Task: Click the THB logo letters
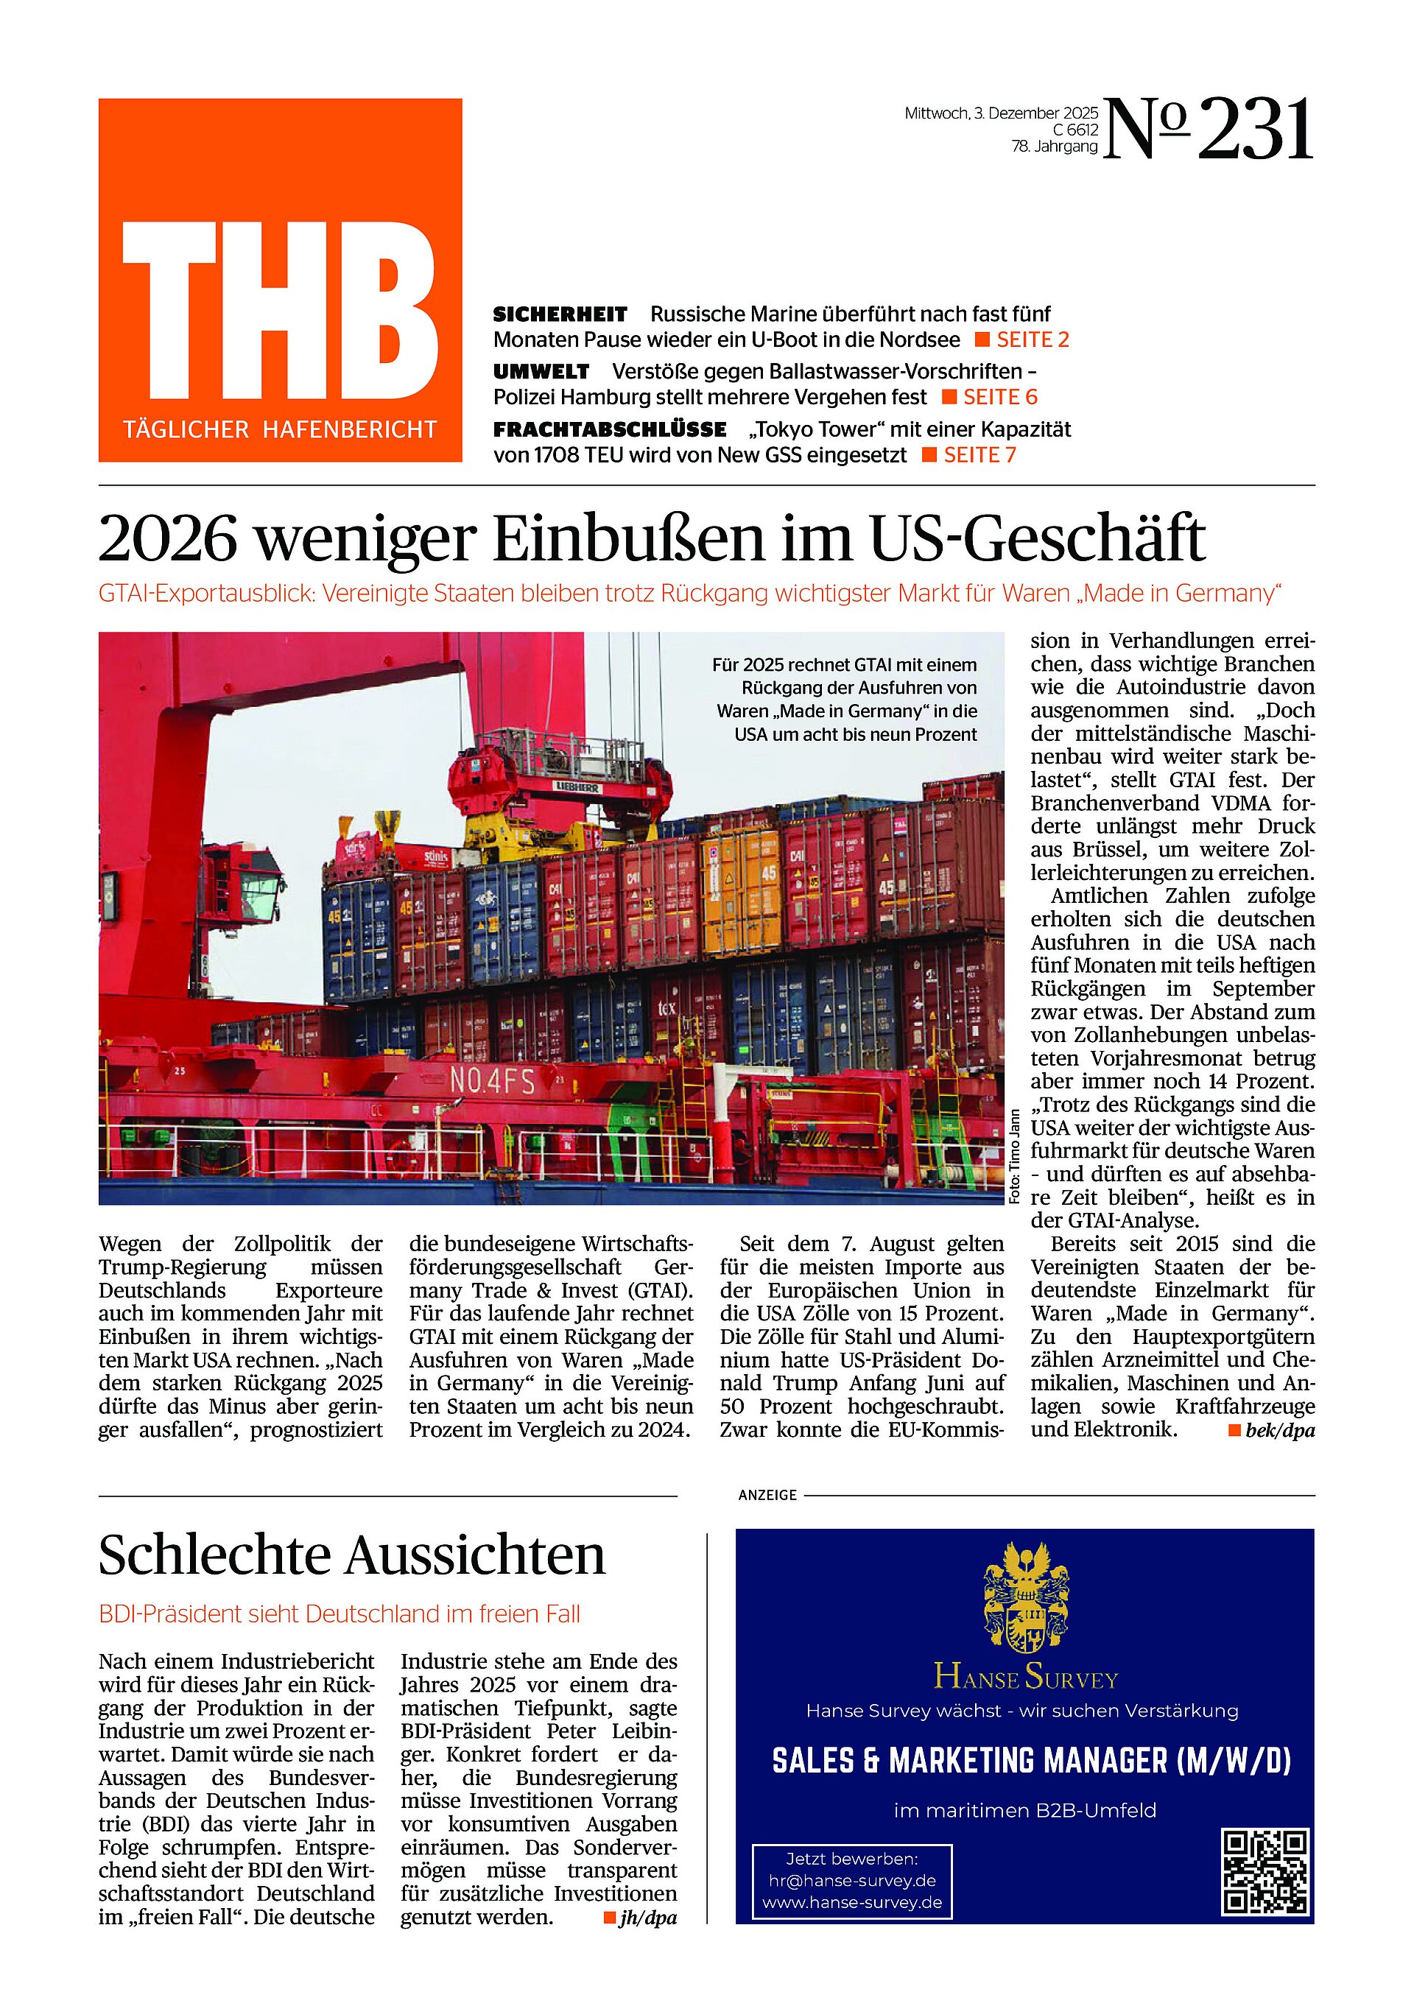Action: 280,310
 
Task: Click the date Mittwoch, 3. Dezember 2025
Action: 1001,113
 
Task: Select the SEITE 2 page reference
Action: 1032,340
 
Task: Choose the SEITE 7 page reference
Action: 979,455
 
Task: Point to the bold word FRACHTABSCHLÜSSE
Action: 609,430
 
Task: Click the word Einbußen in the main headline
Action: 629,539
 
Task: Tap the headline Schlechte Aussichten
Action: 351,1556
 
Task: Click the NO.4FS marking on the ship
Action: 492,1083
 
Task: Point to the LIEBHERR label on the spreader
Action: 577,787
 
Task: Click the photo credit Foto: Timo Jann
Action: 1015,1156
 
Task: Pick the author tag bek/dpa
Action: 1279,1431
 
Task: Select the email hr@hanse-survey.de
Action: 852,1880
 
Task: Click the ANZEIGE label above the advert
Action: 767,1496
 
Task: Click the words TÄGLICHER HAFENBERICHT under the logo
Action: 280,430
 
